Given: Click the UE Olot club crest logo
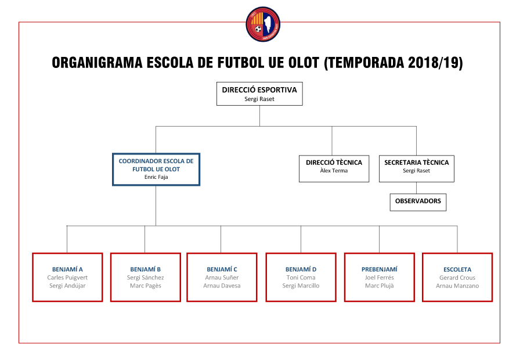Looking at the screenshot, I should tap(263, 24).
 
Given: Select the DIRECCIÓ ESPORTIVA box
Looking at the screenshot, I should tap(259, 93).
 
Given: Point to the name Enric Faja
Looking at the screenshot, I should tap(156, 177).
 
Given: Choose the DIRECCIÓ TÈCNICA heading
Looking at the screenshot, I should tap(334, 163).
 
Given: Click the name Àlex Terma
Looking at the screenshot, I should tap(334, 171).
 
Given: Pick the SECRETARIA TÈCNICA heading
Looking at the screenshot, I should tap(416, 163).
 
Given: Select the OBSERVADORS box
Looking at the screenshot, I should tap(418, 201).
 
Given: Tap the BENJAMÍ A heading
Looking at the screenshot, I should tap(67, 269).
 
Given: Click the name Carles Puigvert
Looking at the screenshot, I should tap(67, 278).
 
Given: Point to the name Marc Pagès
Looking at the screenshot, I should tap(146, 286).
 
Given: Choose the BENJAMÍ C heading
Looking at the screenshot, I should tap(222, 269).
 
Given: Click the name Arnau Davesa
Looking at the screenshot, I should tap(222, 286).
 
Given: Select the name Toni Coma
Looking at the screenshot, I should tap(301, 278).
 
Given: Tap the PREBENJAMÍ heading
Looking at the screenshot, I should tap(379, 269).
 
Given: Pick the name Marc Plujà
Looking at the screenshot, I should tap(379, 286).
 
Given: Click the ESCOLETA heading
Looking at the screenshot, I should tap(457, 269).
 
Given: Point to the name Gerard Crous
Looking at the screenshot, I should tap(457, 278).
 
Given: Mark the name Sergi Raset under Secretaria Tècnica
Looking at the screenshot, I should tap(416, 171).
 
